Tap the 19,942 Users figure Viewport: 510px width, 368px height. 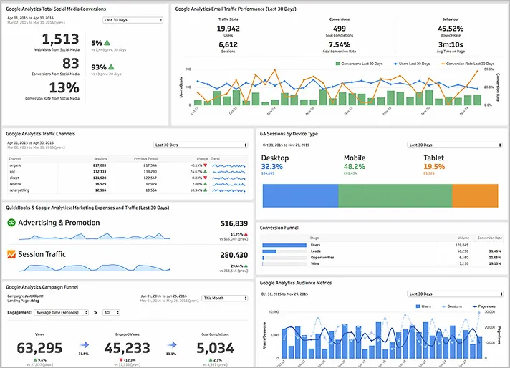(x=228, y=29)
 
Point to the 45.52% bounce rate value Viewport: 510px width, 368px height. (x=449, y=29)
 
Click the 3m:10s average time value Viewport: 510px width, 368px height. (x=449, y=44)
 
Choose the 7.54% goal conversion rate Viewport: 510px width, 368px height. (x=339, y=44)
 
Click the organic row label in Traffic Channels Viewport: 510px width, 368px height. (x=15, y=165)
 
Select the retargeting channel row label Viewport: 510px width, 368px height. (x=19, y=190)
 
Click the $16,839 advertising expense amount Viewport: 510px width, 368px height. (x=234, y=223)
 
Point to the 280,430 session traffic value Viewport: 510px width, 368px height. (x=234, y=254)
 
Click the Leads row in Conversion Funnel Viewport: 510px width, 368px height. (x=314, y=251)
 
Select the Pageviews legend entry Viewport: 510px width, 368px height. (x=486, y=306)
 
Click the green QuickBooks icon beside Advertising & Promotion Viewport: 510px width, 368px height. (x=11, y=223)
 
